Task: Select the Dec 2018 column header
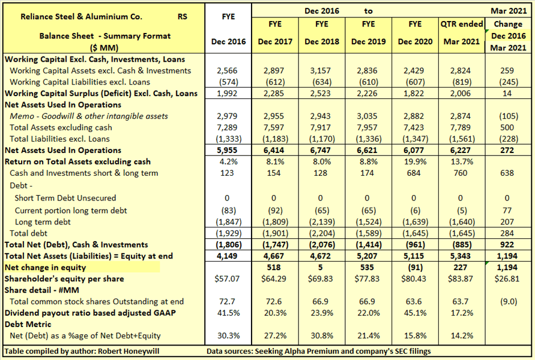pyautogui.click(x=321, y=41)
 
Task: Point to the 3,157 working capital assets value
pyautogui.click(x=321, y=71)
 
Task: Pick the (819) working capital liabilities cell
pyautogui.click(x=461, y=82)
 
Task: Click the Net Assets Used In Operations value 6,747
pyautogui.click(x=321, y=151)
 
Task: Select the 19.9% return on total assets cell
pyautogui.click(x=415, y=162)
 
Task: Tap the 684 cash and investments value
pyautogui.click(x=415, y=173)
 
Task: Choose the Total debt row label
pyautogui.click(x=28, y=233)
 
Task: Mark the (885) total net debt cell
pyautogui.click(x=461, y=245)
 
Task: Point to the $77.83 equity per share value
pyautogui.click(x=368, y=279)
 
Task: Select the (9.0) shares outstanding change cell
pyautogui.click(x=507, y=302)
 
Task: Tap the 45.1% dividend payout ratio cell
pyautogui.click(x=415, y=313)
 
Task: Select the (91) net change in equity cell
pyautogui.click(x=415, y=268)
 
